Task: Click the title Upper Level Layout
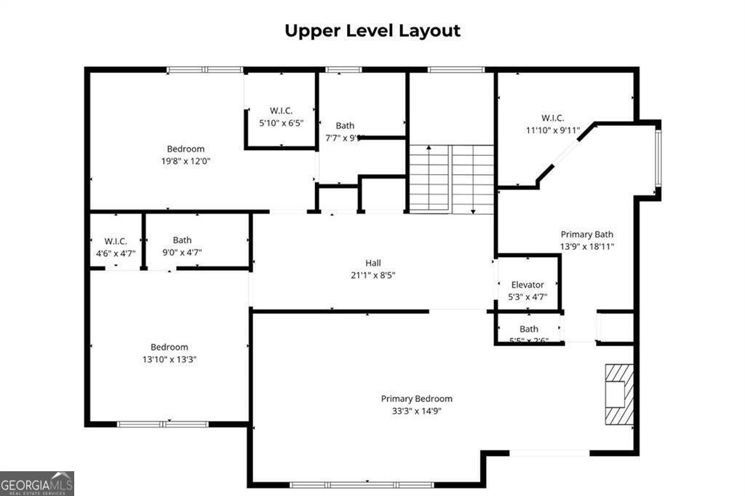coord(372,31)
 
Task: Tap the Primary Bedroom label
coord(416,398)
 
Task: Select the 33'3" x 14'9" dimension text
coord(416,410)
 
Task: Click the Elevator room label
coord(527,285)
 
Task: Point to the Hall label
coord(372,263)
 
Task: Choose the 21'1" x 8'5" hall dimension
coord(372,275)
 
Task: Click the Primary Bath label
coord(586,235)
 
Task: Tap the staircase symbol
coord(451,178)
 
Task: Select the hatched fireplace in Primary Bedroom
coord(618,394)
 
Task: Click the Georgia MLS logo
coord(37,484)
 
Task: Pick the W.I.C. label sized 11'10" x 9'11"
coord(552,118)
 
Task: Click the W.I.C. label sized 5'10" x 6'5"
coord(280,111)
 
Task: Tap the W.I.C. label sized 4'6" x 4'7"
coord(116,240)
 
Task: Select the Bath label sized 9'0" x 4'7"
coord(182,240)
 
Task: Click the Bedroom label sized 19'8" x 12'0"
coord(186,149)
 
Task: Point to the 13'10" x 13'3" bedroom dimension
coord(170,359)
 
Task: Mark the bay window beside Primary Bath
coord(658,158)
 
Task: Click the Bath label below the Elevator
coord(529,329)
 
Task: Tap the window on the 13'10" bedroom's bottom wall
coord(153,423)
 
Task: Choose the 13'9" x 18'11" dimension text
coord(586,246)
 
